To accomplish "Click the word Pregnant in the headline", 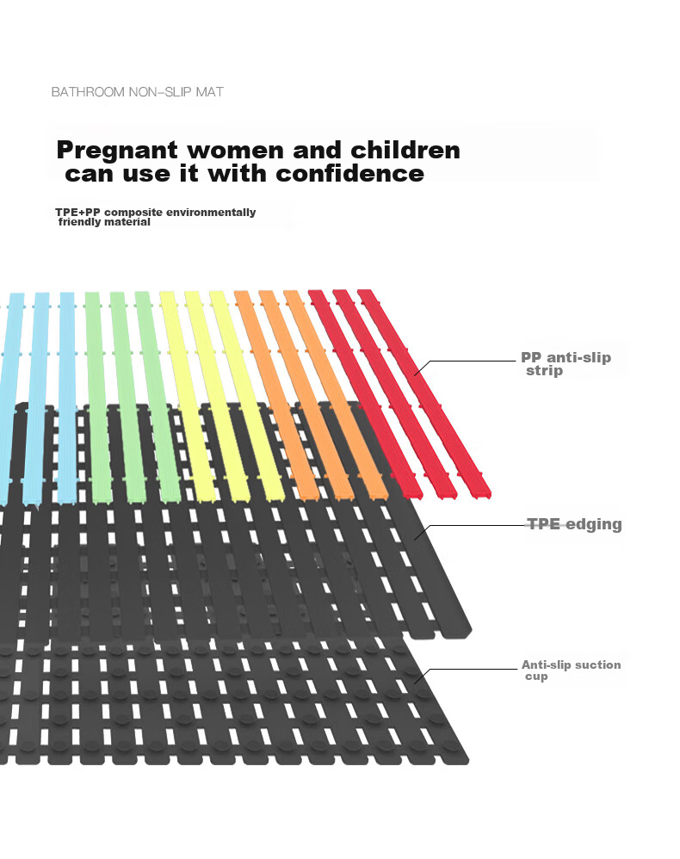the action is [117, 151].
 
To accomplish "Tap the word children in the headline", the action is [405, 150].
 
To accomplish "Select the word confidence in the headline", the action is [349, 174].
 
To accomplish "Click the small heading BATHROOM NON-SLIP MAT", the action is [138, 92].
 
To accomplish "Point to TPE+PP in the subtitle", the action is [77, 212].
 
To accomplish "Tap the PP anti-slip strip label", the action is [566, 364].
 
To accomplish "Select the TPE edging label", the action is [574, 524].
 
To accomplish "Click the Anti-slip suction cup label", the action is [571, 670].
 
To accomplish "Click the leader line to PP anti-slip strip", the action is [465, 362].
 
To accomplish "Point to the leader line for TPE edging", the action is [470, 527].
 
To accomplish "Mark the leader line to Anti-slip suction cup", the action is [465, 671].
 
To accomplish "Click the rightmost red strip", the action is [424, 393].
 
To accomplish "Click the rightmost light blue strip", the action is [67, 397].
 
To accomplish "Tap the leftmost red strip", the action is [365, 394].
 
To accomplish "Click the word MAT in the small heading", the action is [210, 92].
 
